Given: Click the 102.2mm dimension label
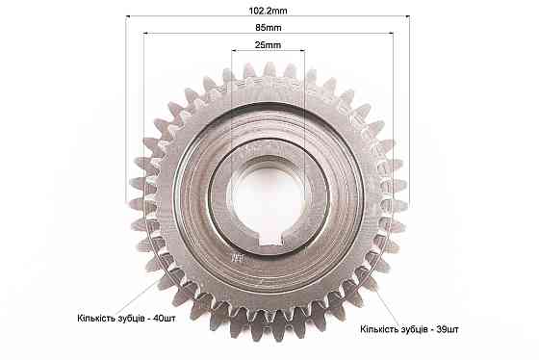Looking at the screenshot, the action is (268, 11).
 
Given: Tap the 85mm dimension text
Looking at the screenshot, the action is (269, 28).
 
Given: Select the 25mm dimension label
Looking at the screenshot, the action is (268, 45).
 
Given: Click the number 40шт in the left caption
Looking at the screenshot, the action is (164, 318).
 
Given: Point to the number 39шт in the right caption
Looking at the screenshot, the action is (448, 329).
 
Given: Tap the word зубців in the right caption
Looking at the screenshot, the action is (413, 329).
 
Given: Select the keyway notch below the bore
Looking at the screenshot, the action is (270, 240).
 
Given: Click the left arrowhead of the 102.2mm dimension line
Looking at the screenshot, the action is (128, 15).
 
